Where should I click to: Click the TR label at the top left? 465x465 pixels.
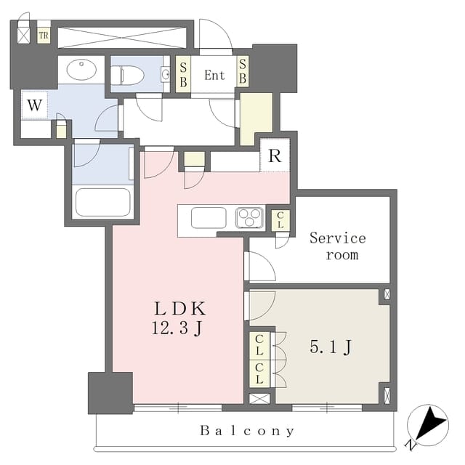coord(44,35)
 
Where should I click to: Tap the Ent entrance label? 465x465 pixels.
coord(214,75)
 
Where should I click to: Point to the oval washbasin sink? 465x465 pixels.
coord(80,70)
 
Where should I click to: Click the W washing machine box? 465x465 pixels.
coord(34,105)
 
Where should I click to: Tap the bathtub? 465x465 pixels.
coord(103,202)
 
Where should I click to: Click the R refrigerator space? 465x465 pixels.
coord(275,156)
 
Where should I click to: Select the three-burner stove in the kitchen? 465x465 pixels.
coord(249,217)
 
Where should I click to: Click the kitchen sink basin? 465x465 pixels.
coord(208,217)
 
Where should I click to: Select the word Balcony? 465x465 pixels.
coord(247,431)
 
